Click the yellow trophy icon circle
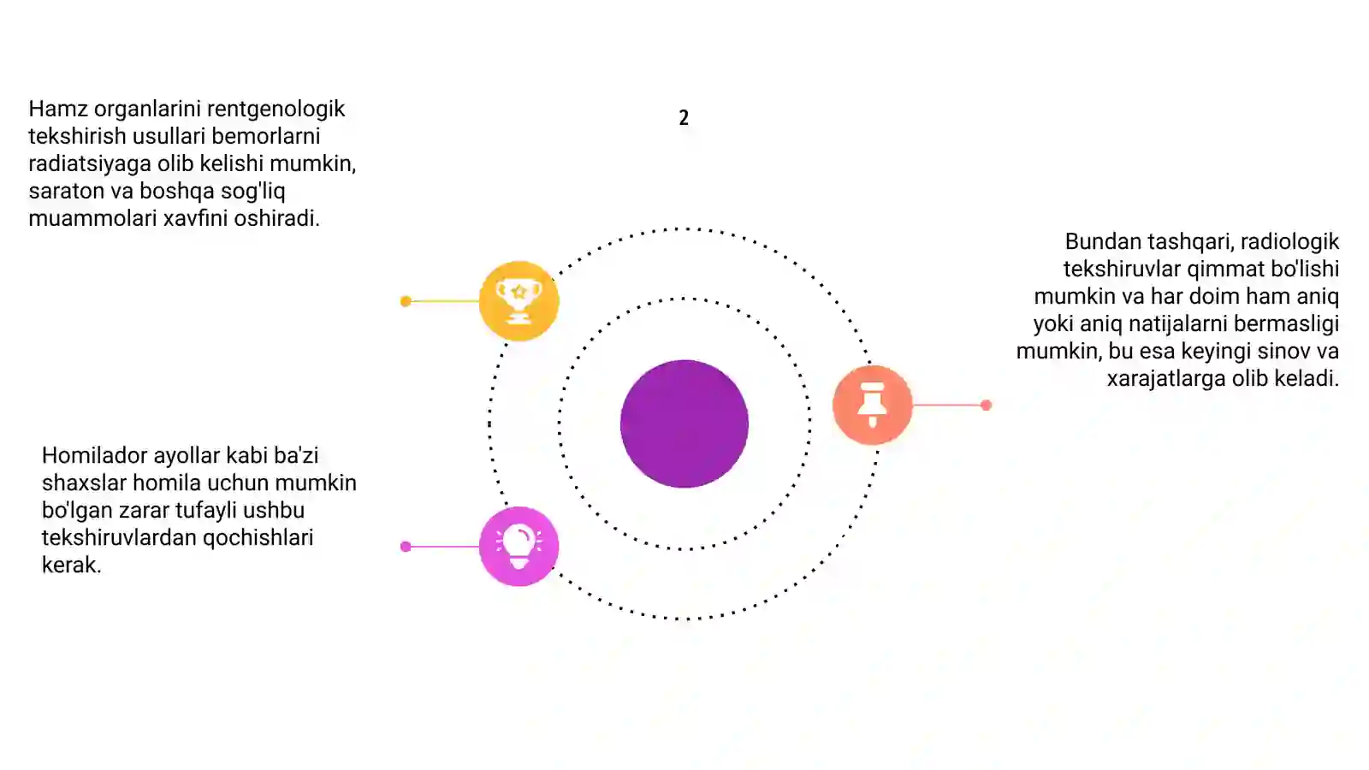(x=519, y=300)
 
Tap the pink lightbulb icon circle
(x=519, y=547)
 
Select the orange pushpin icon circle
(x=873, y=405)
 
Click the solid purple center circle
(x=684, y=423)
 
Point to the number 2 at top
(x=684, y=117)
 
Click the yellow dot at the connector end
(x=406, y=301)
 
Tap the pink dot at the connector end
(x=406, y=547)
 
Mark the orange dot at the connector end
(x=986, y=405)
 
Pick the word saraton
(x=66, y=192)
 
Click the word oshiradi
(x=277, y=218)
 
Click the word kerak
(x=72, y=566)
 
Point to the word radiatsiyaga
(x=90, y=164)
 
